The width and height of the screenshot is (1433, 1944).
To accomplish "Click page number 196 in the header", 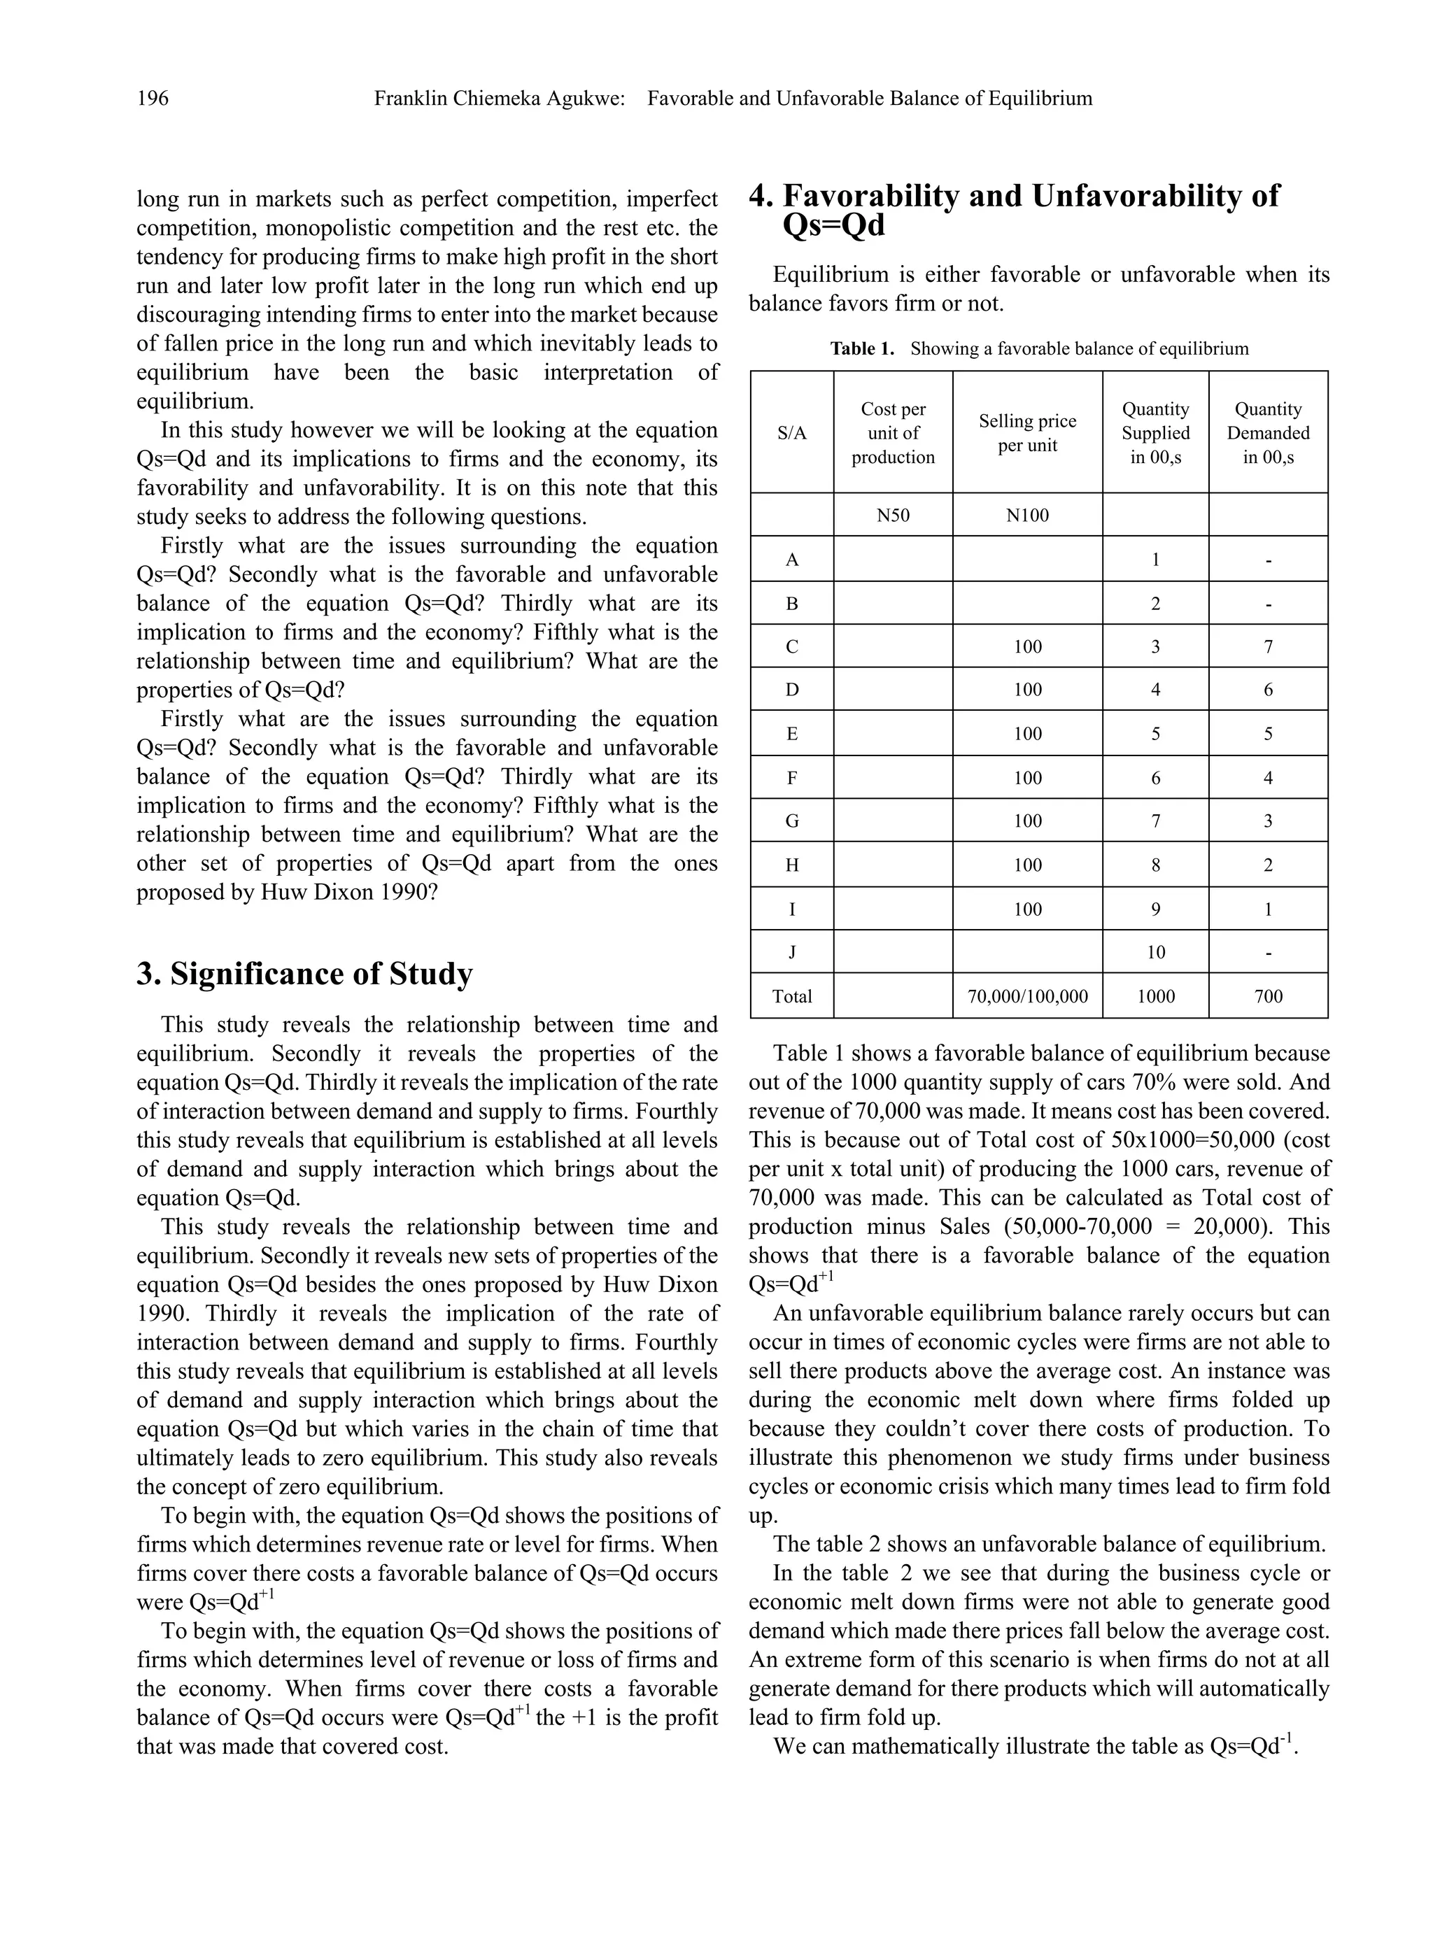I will point(153,99).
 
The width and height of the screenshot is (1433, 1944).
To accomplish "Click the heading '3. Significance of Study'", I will point(304,974).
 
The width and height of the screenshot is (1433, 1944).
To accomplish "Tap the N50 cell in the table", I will point(893,515).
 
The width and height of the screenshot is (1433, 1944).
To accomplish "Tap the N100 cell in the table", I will point(1027,515).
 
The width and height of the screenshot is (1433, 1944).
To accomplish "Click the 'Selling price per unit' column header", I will point(1027,433).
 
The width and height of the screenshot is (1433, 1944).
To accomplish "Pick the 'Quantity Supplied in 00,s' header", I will point(1155,433).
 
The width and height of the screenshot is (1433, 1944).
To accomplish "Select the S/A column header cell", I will point(792,433).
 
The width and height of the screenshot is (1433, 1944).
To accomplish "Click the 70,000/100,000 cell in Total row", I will point(1027,996).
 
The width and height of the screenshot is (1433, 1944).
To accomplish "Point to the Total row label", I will point(792,996).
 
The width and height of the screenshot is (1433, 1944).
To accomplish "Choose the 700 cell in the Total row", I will point(1267,996).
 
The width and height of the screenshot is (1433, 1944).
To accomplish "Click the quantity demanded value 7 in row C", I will point(1267,647).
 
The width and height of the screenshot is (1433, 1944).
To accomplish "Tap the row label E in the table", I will point(792,734).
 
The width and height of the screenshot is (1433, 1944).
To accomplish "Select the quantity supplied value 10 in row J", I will point(1155,952).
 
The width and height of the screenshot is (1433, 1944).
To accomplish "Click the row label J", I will point(792,952).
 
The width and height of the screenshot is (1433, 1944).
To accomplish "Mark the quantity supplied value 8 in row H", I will point(1155,865).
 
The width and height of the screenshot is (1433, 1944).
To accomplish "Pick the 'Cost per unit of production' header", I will point(893,433).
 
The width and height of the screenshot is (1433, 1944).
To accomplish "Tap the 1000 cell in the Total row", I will point(1155,996).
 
